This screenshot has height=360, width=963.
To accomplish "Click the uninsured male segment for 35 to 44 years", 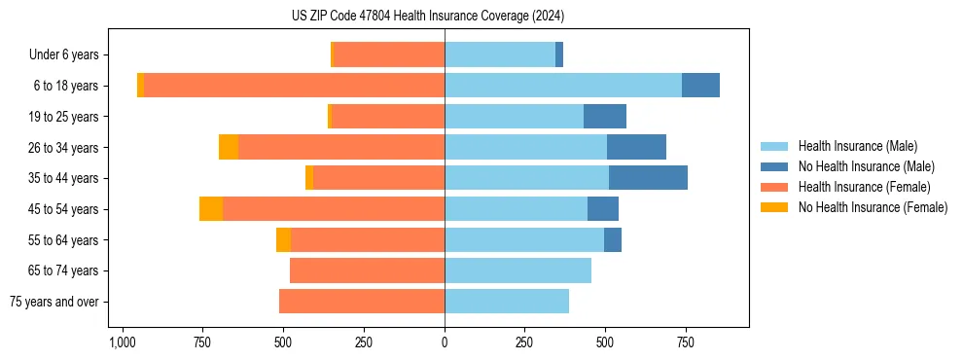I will [x=648, y=178].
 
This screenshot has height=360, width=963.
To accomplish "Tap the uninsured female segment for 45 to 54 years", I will [x=211, y=209].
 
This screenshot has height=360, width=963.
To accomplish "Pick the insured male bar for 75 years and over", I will [x=507, y=302].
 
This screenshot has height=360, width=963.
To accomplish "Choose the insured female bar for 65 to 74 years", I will [x=367, y=270].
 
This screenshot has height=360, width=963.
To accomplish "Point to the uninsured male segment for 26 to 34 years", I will [x=636, y=147].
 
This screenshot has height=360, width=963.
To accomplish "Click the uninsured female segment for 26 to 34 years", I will [x=229, y=147].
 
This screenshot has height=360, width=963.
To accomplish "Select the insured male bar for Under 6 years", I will [x=500, y=54].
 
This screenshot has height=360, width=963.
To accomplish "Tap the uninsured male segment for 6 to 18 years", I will [x=700, y=86].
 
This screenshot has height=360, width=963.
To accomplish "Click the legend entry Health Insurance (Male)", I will [x=857, y=146].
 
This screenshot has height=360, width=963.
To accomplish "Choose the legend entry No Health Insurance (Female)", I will [x=873, y=207].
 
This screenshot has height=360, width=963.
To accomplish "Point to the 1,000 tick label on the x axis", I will [x=122, y=342].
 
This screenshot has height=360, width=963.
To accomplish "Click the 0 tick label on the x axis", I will [x=445, y=342].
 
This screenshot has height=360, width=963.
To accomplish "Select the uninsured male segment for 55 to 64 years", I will [x=613, y=240].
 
